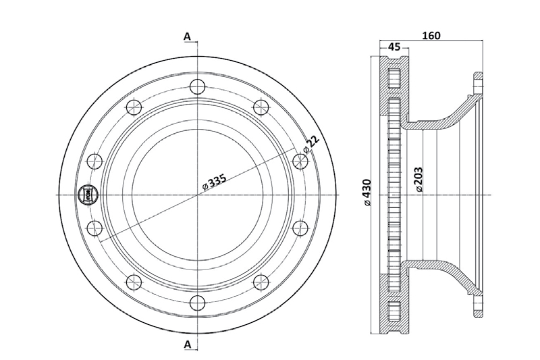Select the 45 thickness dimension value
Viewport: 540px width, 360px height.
[394, 47]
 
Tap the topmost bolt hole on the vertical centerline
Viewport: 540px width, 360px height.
[196, 86]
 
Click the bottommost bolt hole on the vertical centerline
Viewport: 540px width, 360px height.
[196, 303]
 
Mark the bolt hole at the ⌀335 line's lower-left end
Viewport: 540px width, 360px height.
[94, 228]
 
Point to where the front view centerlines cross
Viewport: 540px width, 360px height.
[196, 195]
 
